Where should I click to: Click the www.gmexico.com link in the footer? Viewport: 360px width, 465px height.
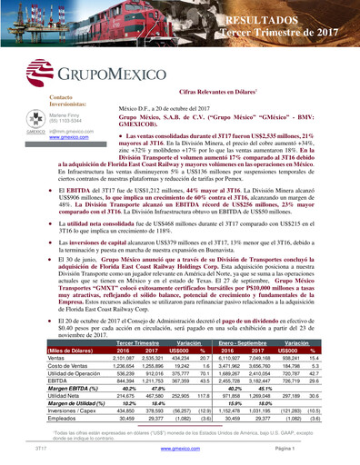[180, 448]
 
